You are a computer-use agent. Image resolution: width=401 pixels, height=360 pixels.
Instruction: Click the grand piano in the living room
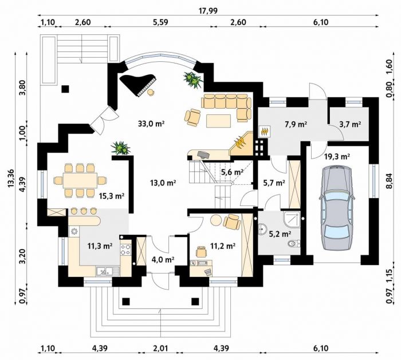[x=137, y=84]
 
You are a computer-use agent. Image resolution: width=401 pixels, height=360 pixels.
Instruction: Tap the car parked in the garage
[x=336, y=208]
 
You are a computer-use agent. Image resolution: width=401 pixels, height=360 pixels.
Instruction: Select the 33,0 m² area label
[x=151, y=124]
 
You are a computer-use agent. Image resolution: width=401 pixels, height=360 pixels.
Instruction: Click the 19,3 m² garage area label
[x=337, y=156]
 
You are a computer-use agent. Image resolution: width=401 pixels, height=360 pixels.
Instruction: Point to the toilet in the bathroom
[x=293, y=244]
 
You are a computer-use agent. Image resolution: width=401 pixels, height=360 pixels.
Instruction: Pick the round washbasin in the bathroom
[x=262, y=229]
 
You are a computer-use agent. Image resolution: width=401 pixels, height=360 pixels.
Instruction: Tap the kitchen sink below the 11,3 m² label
[x=108, y=271]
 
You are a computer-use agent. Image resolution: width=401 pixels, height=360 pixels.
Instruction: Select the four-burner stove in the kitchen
[x=125, y=250]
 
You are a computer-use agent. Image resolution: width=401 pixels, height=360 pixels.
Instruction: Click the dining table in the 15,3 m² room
[x=80, y=180]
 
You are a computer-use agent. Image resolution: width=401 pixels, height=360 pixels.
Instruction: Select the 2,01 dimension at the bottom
[x=160, y=348]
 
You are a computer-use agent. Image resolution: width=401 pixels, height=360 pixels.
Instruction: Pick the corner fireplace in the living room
[x=241, y=144]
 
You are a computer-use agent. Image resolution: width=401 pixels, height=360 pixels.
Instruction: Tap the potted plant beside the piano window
[x=193, y=80]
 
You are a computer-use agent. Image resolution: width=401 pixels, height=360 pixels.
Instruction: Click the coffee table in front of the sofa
[x=219, y=121]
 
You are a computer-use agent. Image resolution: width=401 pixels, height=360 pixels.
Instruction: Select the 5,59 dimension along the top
[x=160, y=22]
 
